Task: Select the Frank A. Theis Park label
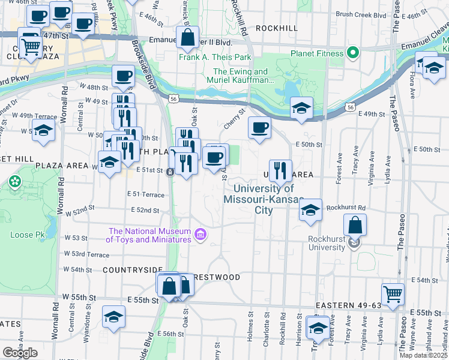coord(215,58)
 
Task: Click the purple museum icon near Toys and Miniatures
coord(201,235)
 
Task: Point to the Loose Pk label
coord(25,235)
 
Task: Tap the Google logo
coord(20,352)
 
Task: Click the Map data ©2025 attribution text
coord(424,355)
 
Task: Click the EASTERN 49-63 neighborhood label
coord(348,305)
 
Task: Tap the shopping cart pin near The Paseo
coord(393,294)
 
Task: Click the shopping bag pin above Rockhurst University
coord(355,226)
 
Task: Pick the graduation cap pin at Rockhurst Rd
coord(310,210)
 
